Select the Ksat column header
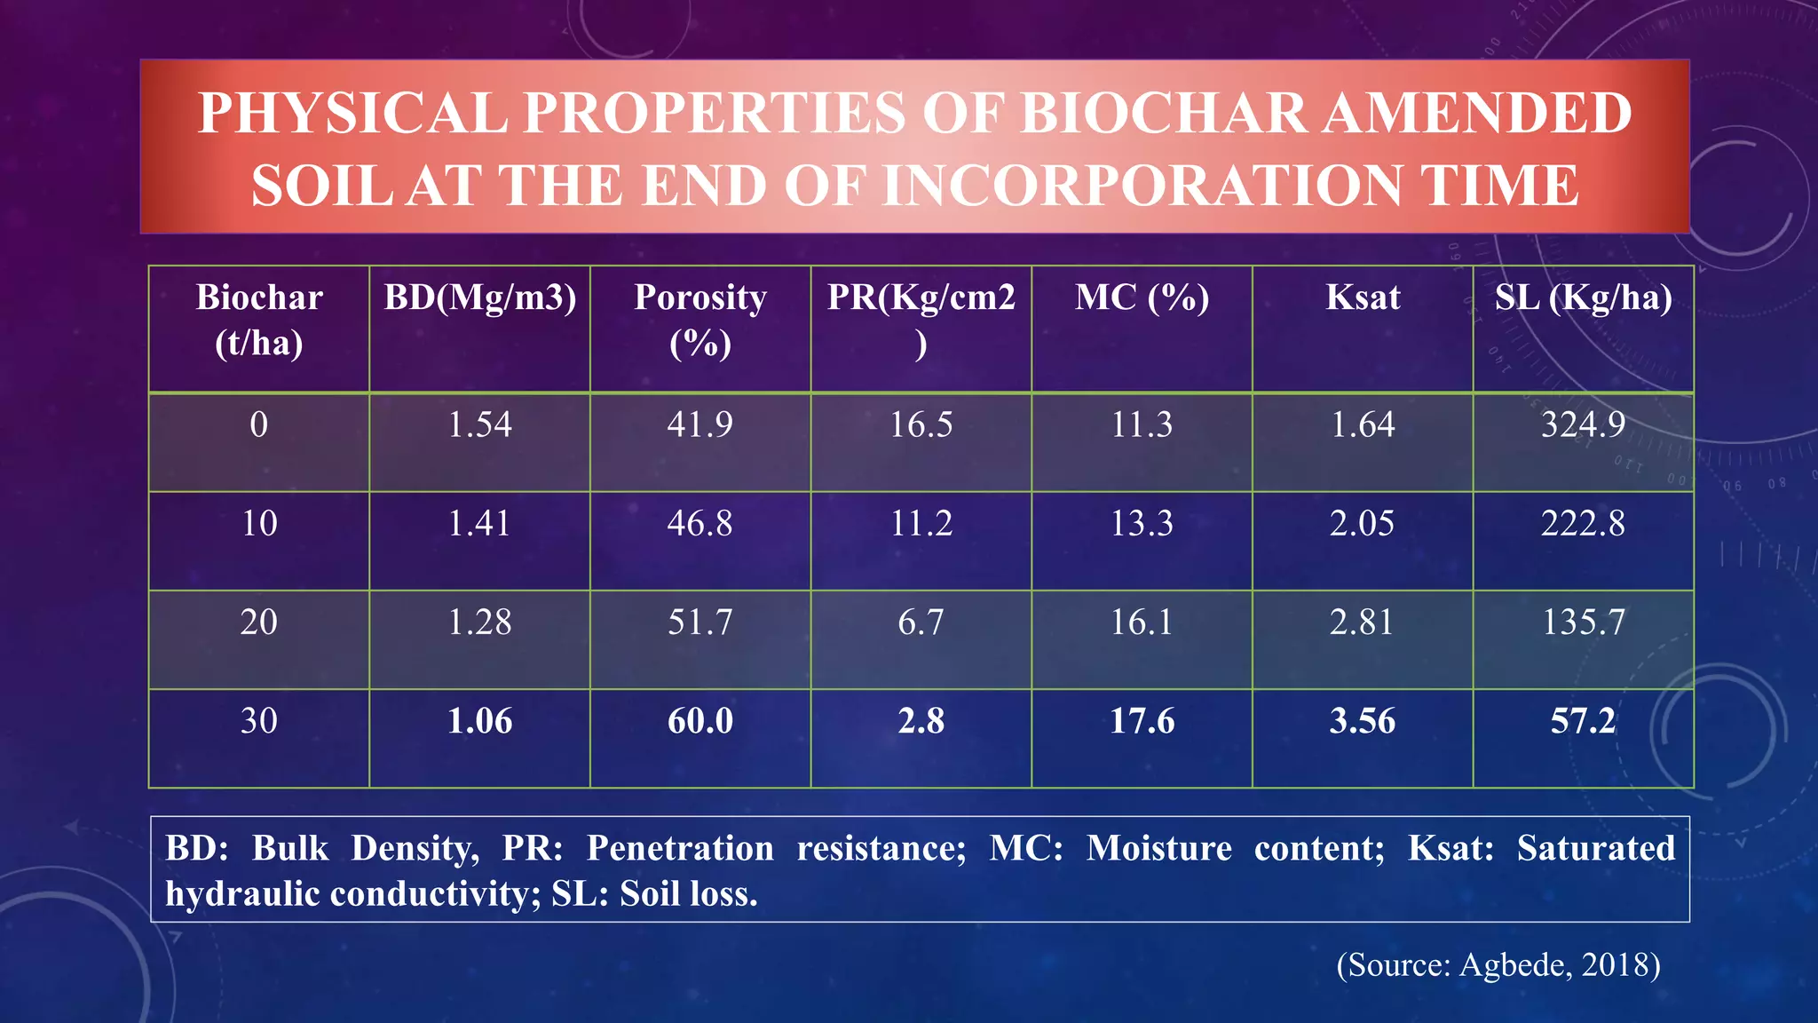(1363, 297)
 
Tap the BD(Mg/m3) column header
(479, 297)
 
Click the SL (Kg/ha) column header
(1583, 297)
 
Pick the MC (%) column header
(1142, 297)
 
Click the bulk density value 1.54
(479, 424)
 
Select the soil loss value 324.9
(1583, 424)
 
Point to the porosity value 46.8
(700, 523)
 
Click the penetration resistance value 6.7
(921, 622)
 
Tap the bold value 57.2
(1583, 720)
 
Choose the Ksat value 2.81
(1362, 622)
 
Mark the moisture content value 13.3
(1142, 523)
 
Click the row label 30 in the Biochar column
(259, 720)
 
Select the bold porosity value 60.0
(700, 720)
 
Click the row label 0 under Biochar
(259, 424)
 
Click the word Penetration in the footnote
(680, 848)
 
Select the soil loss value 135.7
(1583, 622)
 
